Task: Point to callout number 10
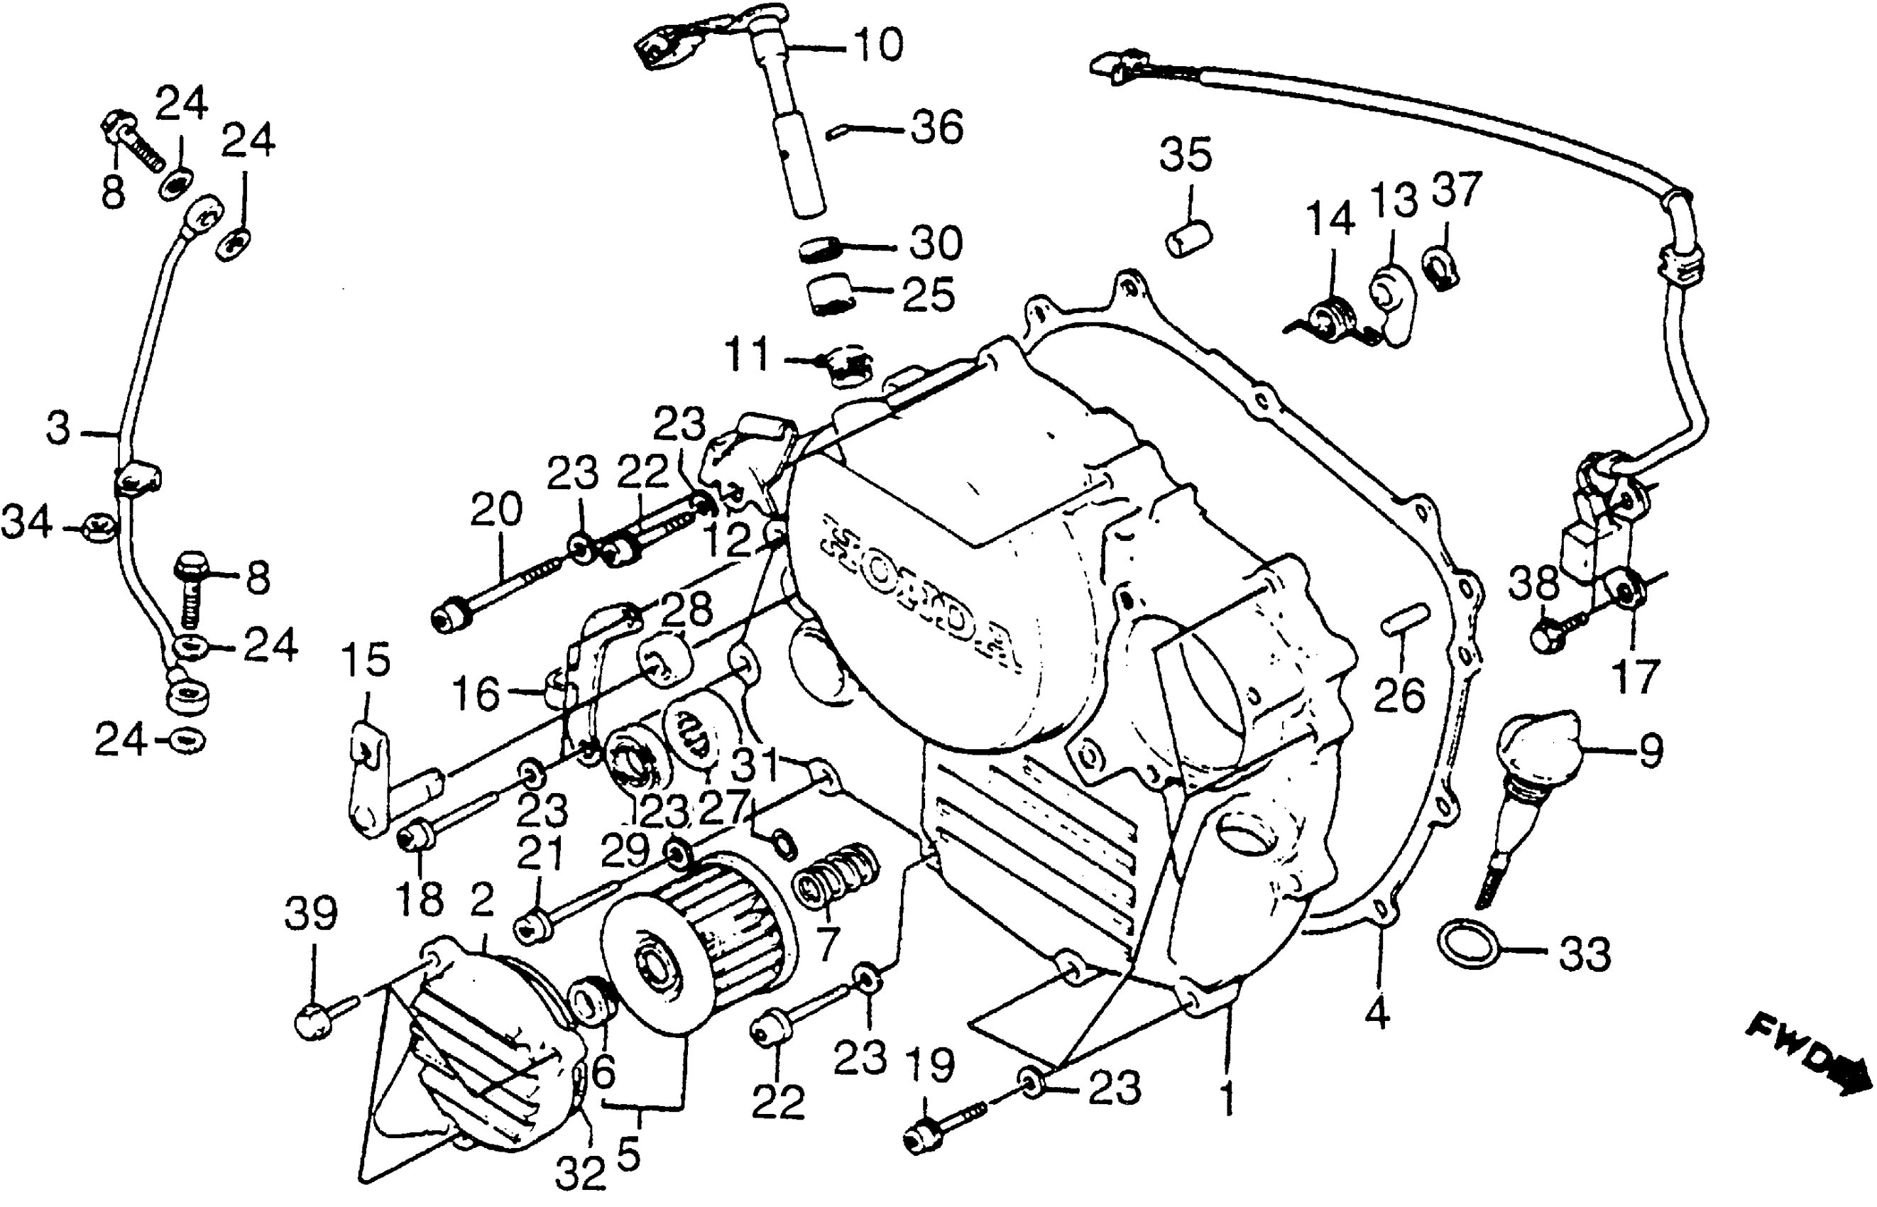click(x=877, y=45)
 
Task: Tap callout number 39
click(x=311, y=914)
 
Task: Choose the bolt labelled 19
click(x=936, y=1129)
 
